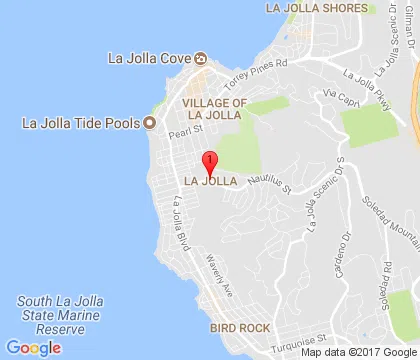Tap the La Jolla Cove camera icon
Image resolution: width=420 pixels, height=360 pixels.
click(199, 56)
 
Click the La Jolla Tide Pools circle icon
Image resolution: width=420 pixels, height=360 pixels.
click(150, 124)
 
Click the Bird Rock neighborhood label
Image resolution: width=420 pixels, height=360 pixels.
click(239, 327)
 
